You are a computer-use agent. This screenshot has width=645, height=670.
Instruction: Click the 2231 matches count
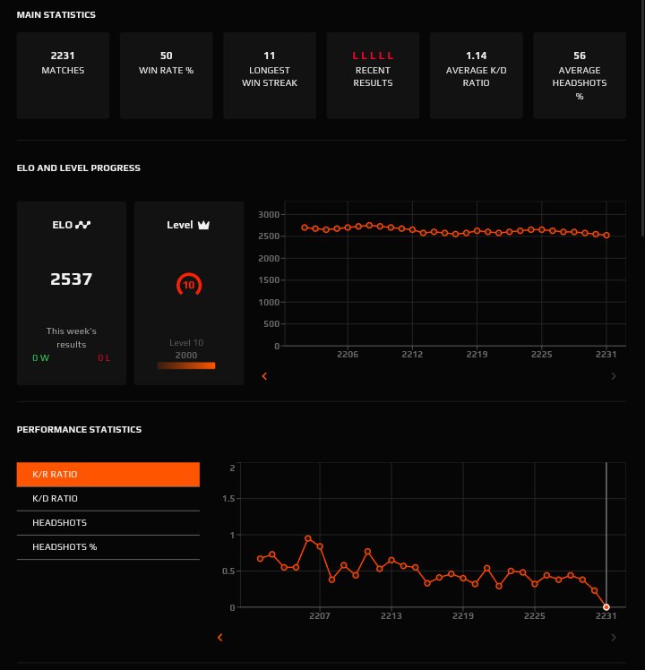tap(63, 56)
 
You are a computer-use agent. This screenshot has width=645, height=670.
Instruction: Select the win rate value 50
tap(166, 56)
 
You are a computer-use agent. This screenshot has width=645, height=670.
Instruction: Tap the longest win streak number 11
tap(270, 56)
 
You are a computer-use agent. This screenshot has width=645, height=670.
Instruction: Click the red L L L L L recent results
tap(373, 56)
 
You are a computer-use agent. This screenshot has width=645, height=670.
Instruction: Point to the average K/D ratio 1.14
tap(477, 56)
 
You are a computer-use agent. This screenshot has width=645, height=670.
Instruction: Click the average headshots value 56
tap(580, 56)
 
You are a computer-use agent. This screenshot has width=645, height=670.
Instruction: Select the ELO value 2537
tap(72, 279)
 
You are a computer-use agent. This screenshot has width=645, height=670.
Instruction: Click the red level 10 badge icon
tap(189, 286)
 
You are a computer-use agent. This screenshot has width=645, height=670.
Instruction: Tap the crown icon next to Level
tap(203, 225)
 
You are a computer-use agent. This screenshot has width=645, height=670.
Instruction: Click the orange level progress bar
tap(186, 365)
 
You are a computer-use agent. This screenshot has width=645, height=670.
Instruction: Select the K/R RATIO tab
tap(107, 474)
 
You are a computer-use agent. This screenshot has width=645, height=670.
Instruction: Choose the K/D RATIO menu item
tap(107, 498)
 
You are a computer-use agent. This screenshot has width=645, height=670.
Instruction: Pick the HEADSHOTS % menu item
tap(107, 546)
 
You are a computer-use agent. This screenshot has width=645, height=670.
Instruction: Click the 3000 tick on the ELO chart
tap(269, 215)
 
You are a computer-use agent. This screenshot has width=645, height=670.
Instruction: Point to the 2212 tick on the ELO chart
tap(412, 355)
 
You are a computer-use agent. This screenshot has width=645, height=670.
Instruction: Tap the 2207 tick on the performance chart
tap(320, 616)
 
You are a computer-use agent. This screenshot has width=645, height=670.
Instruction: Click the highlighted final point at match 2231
tap(606, 607)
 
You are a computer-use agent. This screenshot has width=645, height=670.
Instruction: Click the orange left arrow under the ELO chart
tap(264, 377)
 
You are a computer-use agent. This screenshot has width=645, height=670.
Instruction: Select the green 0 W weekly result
tap(41, 358)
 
